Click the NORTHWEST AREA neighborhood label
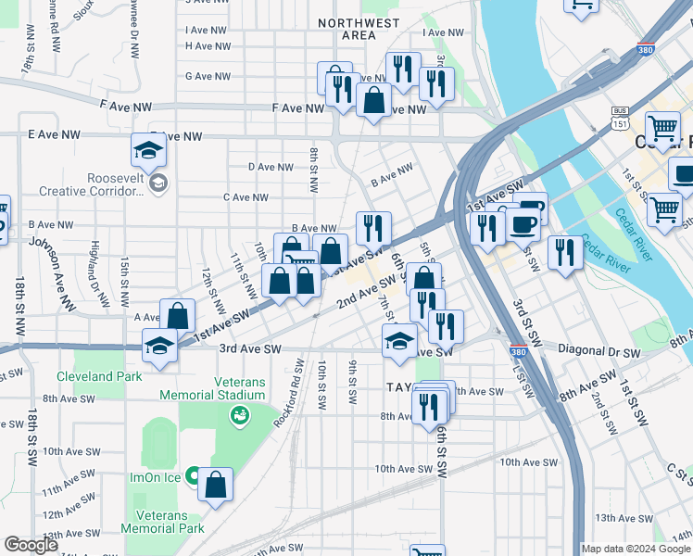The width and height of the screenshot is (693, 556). pyautogui.click(x=359, y=29)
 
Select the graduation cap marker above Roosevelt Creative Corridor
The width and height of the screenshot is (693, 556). pyautogui.click(x=148, y=151)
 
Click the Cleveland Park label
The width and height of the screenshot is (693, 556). pyautogui.click(x=99, y=376)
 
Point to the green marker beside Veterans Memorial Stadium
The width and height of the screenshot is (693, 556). pyautogui.click(x=240, y=416)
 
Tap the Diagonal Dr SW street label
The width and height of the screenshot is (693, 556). pyautogui.click(x=599, y=353)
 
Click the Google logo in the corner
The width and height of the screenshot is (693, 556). pyautogui.click(x=31, y=545)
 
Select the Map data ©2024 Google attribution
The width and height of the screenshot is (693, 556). pyautogui.click(x=636, y=548)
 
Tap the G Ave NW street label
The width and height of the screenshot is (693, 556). pyautogui.click(x=207, y=77)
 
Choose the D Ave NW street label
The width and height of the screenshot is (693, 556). pyautogui.click(x=271, y=168)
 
